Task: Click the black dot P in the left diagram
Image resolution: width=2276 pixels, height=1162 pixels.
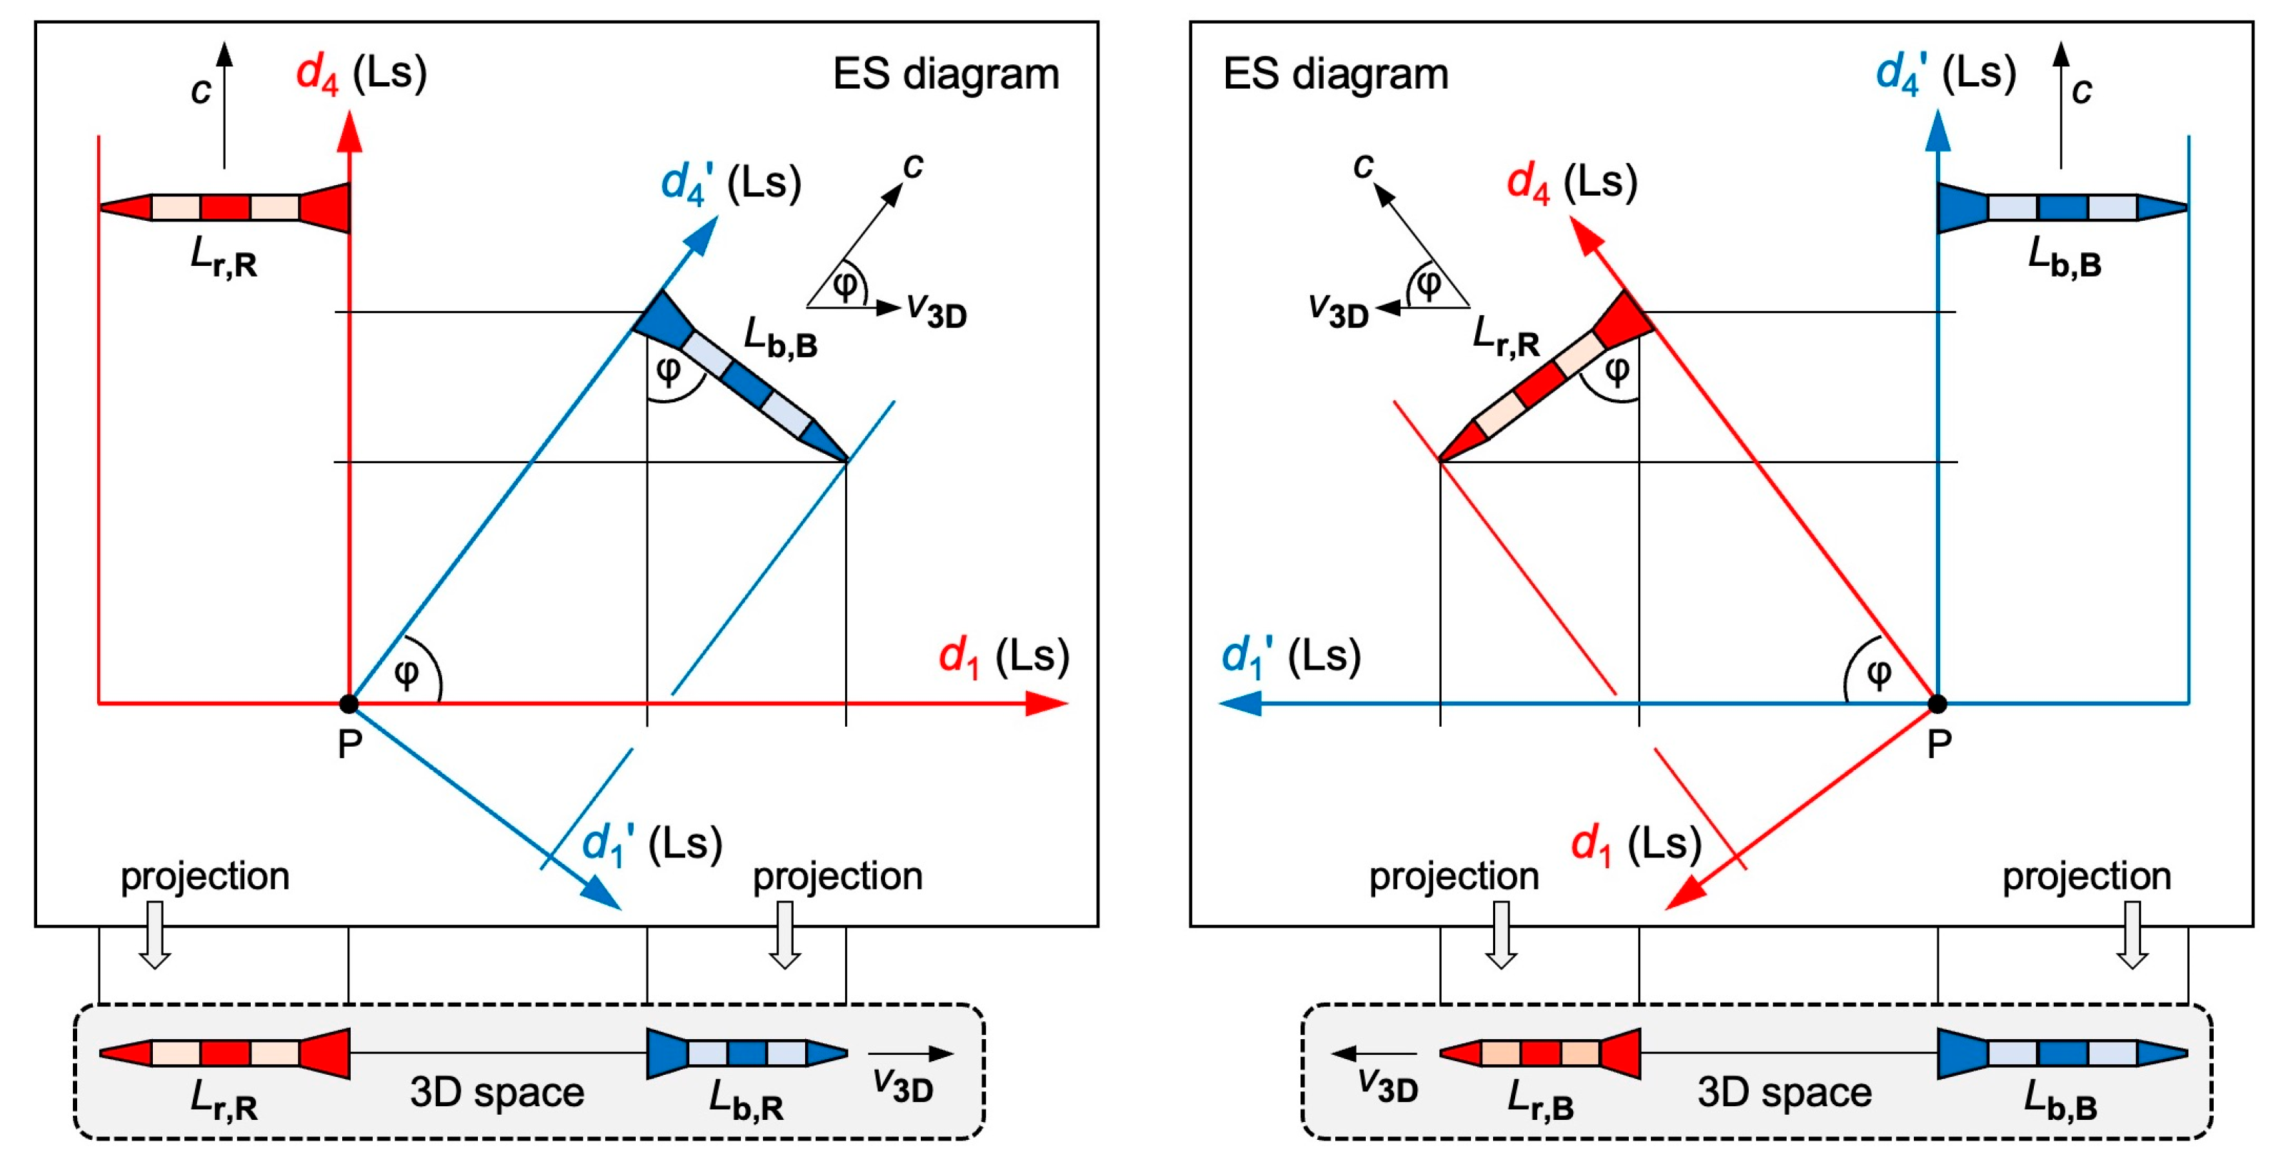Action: tap(349, 703)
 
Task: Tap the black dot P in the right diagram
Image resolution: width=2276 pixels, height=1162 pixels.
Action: tap(1937, 703)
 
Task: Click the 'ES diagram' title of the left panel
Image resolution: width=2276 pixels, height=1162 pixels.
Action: tap(945, 74)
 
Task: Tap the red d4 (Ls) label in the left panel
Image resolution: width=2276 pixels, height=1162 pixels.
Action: tap(361, 72)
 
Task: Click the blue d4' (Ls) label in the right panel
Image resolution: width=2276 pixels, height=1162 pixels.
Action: tap(1945, 72)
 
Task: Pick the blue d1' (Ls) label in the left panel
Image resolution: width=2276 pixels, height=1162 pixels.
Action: tap(652, 845)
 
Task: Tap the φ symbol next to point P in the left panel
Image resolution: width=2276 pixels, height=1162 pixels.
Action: tap(406, 673)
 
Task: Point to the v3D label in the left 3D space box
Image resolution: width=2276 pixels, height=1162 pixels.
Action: tap(902, 1085)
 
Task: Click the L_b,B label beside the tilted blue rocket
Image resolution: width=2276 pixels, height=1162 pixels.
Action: tap(780, 339)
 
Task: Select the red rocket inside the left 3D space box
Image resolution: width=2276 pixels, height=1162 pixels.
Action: tap(224, 1053)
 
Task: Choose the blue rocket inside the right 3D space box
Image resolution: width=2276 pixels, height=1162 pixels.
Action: tap(2062, 1053)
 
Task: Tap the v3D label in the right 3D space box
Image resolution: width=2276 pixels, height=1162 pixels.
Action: tap(1387, 1085)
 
